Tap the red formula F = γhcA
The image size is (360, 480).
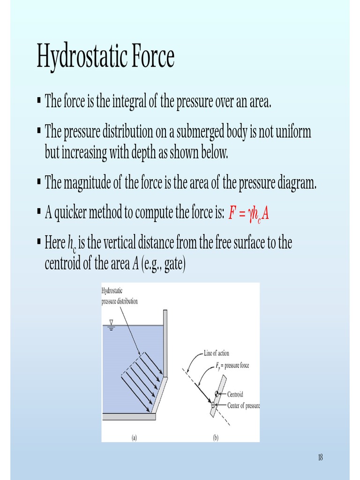[248, 214]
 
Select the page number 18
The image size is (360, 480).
[320, 457]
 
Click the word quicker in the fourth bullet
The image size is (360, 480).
[72, 214]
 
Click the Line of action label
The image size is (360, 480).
[216, 353]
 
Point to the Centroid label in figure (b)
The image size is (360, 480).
[235, 395]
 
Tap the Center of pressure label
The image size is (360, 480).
[243, 405]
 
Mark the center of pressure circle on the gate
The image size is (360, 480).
[213, 404]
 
